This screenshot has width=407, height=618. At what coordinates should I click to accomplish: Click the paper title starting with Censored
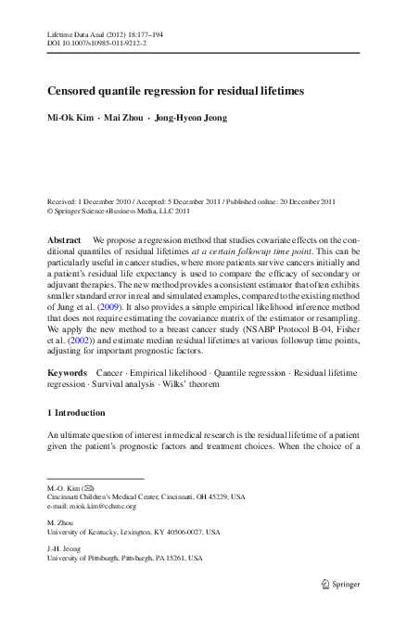pos(175,92)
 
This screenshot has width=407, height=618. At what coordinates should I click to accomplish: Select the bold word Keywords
pos(68,371)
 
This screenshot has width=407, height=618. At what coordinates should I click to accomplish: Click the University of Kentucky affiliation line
pos(134,532)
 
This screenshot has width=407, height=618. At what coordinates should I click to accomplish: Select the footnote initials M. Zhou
pos(60,522)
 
